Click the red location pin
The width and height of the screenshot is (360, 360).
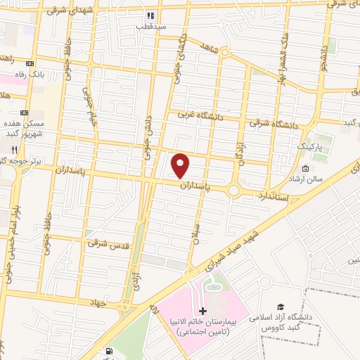coord(181,165)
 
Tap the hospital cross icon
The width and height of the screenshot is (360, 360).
coord(202,311)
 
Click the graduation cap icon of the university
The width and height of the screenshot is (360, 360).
coord(281,307)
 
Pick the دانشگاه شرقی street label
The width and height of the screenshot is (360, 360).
coord(274,123)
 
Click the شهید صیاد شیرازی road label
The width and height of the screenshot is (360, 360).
coord(233,250)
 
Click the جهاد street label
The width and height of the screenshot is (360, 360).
coord(96,302)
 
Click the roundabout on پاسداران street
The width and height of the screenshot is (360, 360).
coord(234,189)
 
